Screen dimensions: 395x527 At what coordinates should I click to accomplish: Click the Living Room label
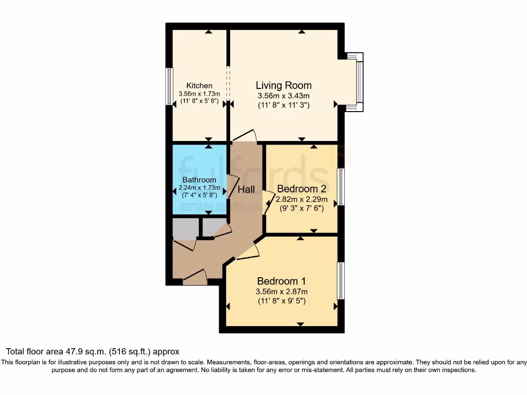click(x=284, y=85)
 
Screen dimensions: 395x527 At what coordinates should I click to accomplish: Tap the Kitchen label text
click(x=199, y=85)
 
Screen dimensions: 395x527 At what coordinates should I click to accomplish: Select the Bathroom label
click(x=199, y=180)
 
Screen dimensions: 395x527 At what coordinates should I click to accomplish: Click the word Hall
click(x=246, y=190)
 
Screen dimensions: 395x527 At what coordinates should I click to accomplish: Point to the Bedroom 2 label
click(x=301, y=189)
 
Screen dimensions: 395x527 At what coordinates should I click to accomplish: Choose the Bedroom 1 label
click(x=282, y=281)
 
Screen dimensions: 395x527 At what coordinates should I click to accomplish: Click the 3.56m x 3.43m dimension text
click(x=284, y=96)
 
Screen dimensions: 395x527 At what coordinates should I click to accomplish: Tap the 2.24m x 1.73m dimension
click(x=199, y=188)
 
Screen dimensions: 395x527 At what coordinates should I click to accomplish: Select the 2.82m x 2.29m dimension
click(x=301, y=199)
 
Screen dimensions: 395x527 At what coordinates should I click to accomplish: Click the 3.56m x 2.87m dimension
click(x=282, y=291)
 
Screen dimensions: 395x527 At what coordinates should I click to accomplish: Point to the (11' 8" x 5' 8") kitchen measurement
click(x=199, y=101)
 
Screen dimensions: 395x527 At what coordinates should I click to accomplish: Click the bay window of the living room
click(x=359, y=81)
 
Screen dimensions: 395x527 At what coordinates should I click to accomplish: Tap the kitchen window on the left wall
click(x=168, y=86)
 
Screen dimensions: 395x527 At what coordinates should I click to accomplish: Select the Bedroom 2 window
click(x=341, y=186)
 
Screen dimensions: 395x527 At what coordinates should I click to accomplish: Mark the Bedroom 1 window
click(x=340, y=281)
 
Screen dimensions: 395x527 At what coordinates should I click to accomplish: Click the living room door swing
click(x=245, y=135)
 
